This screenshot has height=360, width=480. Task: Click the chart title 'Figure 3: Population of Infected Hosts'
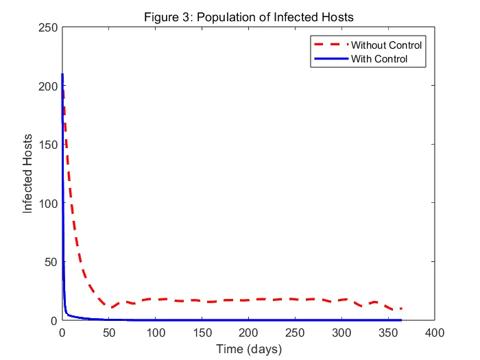248,16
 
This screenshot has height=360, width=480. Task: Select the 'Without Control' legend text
386,45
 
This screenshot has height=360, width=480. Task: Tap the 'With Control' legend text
379,59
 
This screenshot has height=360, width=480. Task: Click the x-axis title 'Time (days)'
248,348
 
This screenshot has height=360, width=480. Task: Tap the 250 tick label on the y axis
47,27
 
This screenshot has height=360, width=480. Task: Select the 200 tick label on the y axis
47,86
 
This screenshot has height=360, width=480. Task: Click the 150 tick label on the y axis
47,145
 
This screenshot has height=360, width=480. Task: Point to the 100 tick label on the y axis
47,203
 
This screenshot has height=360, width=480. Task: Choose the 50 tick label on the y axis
50,262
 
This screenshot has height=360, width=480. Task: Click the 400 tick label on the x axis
435,333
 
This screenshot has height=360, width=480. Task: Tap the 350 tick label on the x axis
388,333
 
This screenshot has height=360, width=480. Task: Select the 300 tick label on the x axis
341,333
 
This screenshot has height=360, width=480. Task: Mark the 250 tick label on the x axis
295,333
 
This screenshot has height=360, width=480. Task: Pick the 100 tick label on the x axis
155,333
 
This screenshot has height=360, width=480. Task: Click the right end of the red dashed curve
401,309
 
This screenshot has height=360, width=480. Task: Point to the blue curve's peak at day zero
62,75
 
